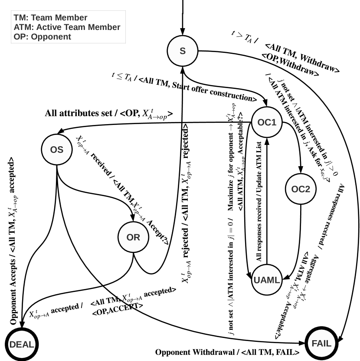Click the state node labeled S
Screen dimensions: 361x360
pyautogui.click(x=182, y=51)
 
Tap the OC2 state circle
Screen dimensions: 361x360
pyautogui.click(x=301, y=189)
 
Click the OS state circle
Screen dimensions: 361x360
pyautogui.click(x=56, y=150)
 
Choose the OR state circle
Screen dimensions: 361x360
pyautogui.click(x=133, y=238)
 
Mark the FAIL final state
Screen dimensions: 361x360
pyautogui.click(x=321, y=344)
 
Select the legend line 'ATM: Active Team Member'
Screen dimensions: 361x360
pyautogui.click(x=67, y=27)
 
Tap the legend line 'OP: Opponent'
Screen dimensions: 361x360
pyautogui.click(x=42, y=36)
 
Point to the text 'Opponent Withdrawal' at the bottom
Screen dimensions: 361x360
pyautogui.click(x=195, y=352)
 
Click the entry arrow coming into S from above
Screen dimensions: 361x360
pyautogui.click(x=183, y=17)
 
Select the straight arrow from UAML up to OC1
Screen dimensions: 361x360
pyautogui.click(x=268, y=200)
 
